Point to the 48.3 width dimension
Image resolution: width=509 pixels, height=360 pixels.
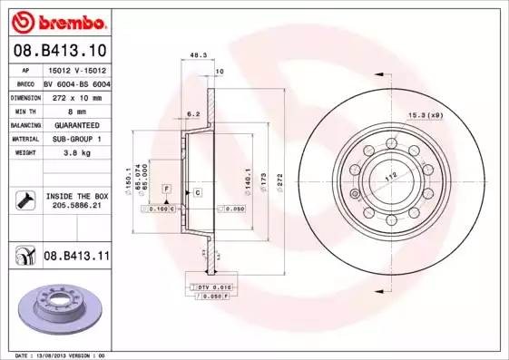click(x=196, y=56)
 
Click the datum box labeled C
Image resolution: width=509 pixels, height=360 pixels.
click(x=196, y=193)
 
